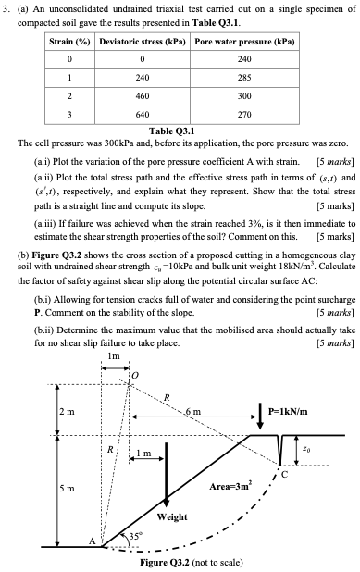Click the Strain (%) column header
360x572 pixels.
tap(73, 43)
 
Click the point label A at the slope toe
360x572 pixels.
tap(93, 541)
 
